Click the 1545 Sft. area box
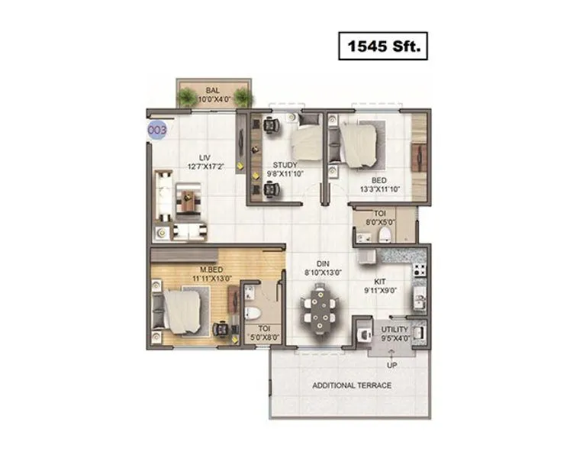click(x=383, y=47)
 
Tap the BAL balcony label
click(x=201, y=90)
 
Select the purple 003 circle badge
click(x=157, y=129)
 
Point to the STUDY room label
click(x=285, y=164)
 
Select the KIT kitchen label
click(x=379, y=282)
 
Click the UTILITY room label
click(x=395, y=329)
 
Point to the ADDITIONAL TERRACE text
click(x=352, y=385)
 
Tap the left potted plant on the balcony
click(x=187, y=97)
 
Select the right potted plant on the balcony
click(x=243, y=97)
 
